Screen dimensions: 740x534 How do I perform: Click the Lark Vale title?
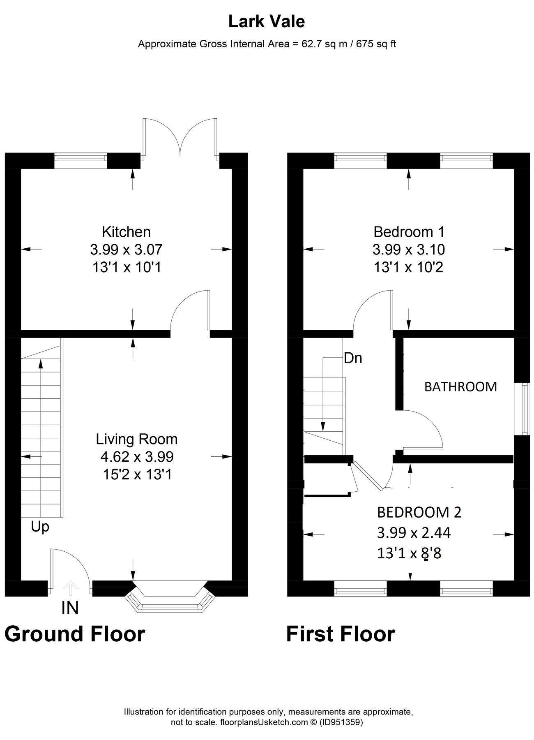tap(267, 22)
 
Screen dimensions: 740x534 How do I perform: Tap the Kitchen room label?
tap(126, 232)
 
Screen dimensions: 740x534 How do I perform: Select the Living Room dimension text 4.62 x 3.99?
tap(137, 457)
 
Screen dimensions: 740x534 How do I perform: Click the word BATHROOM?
tap(460, 387)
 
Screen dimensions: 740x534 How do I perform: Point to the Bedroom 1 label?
tap(409, 232)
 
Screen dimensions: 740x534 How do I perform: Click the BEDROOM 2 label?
tap(419, 512)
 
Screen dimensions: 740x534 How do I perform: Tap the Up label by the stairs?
tap(40, 527)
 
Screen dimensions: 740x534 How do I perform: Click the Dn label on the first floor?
tap(353, 358)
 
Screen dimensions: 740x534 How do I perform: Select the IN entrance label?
tap(70, 608)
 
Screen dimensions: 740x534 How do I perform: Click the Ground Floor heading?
tap(75, 634)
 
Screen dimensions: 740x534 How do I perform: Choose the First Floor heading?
tap(341, 634)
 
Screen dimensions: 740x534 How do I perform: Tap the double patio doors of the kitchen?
tap(180, 138)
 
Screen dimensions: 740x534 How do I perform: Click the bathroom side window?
tap(524, 408)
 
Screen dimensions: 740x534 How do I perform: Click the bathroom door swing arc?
tap(427, 428)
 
